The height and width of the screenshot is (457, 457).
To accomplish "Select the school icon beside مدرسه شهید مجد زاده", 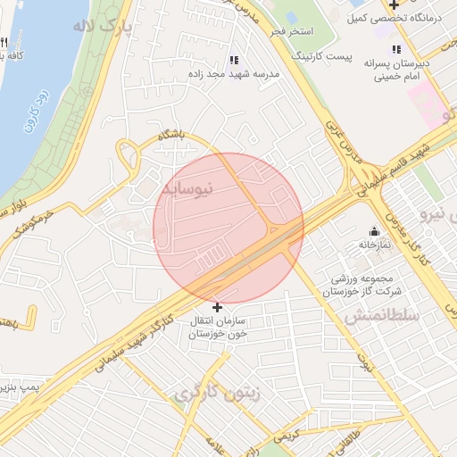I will (234, 61).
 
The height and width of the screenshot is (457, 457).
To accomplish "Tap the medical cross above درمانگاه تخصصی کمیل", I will (394, 5).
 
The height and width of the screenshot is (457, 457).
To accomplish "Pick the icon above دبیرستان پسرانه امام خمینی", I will (396, 49).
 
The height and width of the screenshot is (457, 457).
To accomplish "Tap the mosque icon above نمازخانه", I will (374, 231).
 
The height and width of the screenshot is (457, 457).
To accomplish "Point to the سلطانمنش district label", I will (376, 315).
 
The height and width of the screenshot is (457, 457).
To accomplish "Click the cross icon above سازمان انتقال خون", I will (217, 307).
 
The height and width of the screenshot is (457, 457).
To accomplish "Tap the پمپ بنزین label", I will (22, 386).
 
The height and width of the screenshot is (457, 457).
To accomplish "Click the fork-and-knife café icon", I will (4, 42).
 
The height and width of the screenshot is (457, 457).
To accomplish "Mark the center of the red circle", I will (228, 228).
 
